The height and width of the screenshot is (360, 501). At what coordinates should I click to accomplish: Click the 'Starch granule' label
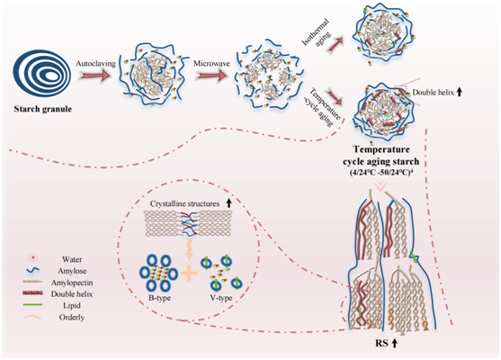pyautogui.click(x=43, y=109)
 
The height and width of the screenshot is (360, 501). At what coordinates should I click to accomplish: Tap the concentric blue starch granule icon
pyautogui.click(x=42, y=73)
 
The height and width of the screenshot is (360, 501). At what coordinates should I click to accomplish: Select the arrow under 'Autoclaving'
pyautogui.click(x=95, y=76)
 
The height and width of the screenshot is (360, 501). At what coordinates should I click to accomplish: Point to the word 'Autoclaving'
pyautogui.click(x=95, y=64)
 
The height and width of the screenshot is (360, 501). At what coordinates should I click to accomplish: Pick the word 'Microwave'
pyautogui.click(x=211, y=64)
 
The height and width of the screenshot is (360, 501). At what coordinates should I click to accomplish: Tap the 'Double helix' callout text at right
pyautogui.click(x=434, y=93)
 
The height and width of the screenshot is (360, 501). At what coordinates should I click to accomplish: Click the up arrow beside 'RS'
pyautogui.click(x=395, y=343)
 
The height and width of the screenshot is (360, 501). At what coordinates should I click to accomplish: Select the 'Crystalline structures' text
pyautogui.click(x=184, y=203)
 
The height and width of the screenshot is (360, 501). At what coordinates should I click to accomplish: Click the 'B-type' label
pyautogui.click(x=159, y=298)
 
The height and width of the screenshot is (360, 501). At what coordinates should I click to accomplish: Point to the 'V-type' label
pyautogui.click(x=221, y=298)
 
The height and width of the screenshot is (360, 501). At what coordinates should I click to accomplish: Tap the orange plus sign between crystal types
pyautogui.click(x=189, y=273)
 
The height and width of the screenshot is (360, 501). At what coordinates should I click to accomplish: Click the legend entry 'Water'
pyautogui.click(x=72, y=259)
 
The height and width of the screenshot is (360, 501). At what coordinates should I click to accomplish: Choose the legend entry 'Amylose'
pyautogui.click(x=72, y=271)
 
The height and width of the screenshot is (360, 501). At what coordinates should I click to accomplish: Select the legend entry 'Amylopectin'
pyautogui.click(x=72, y=283)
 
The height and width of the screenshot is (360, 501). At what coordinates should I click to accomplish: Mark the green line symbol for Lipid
pyautogui.click(x=32, y=305)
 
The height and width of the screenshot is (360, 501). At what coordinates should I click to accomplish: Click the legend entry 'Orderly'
pyautogui.click(x=72, y=318)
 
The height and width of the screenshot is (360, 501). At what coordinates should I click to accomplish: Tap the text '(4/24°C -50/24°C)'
pyautogui.click(x=381, y=172)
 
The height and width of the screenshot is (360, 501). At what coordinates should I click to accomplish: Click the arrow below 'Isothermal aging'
pyautogui.click(x=335, y=43)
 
